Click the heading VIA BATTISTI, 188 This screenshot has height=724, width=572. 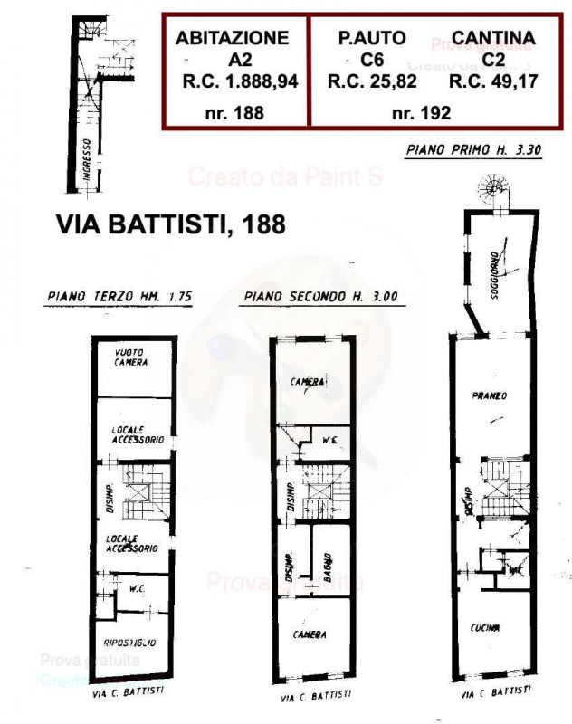pyautogui.click(x=171, y=224)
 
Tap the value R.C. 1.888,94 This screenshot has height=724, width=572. pyautogui.click(x=240, y=81)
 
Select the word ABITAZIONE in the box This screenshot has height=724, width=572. pyautogui.click(x=233, y=38)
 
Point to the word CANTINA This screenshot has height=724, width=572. pyautogui.click(x=493, y=38)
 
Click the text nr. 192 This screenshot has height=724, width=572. pyautogui.click(x=421, y=114)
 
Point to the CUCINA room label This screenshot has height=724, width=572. pyautogui.click(x=485, y=628)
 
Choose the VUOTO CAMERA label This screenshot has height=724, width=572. pyautogui.click(x=131, y=357)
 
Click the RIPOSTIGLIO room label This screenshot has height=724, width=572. pyautogui.click(x=129, y=643)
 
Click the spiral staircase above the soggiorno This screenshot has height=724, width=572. pyautogui.click(x=494, y=187)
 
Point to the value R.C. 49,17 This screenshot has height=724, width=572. pyautogui.click(x=492, y=81)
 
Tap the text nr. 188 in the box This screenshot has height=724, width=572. pyautogui.click(x=233, y=114)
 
